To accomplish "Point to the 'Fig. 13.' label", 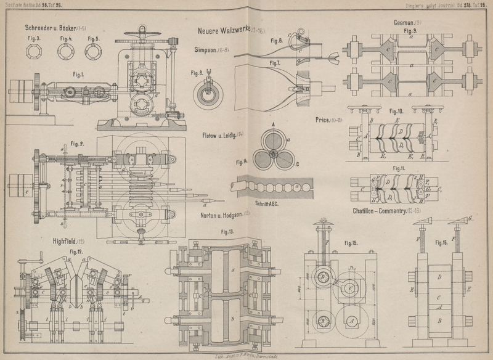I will click(218, 231).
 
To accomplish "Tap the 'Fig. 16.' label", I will click(439, 243).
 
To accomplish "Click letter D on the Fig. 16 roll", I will click(439, 277).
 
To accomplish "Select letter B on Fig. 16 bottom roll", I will click(439, 321).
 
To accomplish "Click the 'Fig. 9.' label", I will click(409, 30).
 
